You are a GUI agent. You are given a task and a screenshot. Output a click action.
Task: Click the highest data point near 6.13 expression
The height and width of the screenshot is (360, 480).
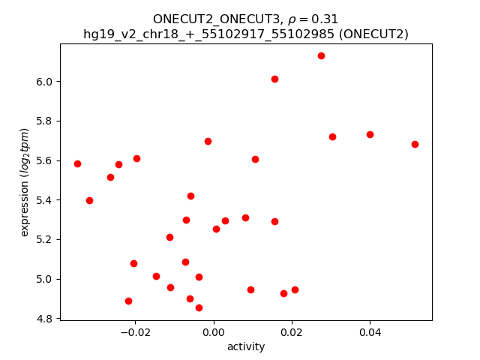tap(321, 55)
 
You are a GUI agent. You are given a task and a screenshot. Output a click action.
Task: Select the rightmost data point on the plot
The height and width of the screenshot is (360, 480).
tap(415, 144)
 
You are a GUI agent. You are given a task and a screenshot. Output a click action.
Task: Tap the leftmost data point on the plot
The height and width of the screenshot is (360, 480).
tap(77, 163)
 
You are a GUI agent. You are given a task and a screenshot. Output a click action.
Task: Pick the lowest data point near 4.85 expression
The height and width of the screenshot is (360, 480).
tap(199, 307)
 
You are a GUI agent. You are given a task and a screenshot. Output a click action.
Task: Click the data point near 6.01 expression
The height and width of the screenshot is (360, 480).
tap(274, 79)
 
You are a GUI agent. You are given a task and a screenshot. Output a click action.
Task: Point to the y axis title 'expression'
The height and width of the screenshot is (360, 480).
tap(25, 182)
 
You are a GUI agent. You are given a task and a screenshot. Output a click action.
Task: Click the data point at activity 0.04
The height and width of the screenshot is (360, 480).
tap(370, 134)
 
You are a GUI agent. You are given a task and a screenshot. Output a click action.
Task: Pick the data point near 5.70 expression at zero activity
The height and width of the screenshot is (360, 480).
tap(208, 141)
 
